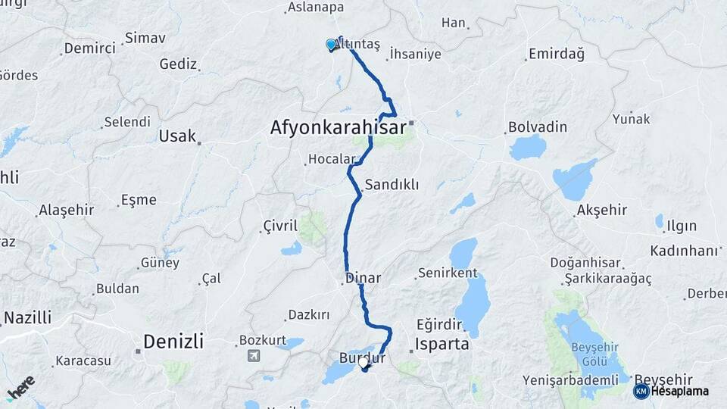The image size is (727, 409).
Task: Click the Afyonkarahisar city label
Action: tap(338, 128)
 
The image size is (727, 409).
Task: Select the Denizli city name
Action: tap(173, 342)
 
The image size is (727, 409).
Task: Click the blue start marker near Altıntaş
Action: tap(331, 45)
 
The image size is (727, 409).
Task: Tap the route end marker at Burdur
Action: tap(363, 365)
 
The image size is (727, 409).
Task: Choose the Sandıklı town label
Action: tap(392, 185)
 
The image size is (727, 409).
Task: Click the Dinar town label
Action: tap(363, 279)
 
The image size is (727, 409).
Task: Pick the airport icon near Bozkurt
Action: tap(252, 355)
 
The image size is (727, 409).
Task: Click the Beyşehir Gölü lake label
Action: tap(595, 352)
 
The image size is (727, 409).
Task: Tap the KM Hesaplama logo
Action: tap(671, 391)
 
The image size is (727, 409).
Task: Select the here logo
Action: tap(20, 388)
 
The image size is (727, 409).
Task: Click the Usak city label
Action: tap(176, 137)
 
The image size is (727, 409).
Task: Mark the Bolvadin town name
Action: tap(538, 126)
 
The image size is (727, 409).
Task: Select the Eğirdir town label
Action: tap(439, 325)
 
